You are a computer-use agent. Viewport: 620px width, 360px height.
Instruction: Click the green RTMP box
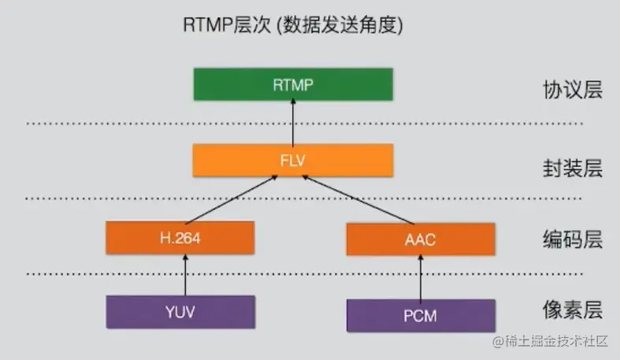click(293, 84)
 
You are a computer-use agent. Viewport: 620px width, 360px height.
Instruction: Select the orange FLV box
click(293, 160)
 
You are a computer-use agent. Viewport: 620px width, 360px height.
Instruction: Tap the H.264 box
click(180, 237)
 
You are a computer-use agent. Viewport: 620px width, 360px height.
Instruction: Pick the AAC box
click(421, 239)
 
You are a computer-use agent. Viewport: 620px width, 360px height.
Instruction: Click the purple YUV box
click(180, 312)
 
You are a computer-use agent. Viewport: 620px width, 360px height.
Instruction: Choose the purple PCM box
click(421, 316)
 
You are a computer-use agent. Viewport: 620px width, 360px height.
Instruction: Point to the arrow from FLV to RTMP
click(293, 123)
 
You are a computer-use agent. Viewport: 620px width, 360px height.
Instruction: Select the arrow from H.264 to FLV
click(232, 199)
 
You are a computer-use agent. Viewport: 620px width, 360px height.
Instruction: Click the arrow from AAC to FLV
click(358, 199)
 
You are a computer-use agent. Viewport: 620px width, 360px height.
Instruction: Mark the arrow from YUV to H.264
click(185, 275)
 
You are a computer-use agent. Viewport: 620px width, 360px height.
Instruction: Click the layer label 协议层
click(573, 90)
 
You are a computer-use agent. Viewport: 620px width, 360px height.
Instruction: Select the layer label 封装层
click(573, 169)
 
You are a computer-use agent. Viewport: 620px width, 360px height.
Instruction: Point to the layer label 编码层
click(573, 239)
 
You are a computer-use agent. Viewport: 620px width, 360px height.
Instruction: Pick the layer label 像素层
click(573, 310)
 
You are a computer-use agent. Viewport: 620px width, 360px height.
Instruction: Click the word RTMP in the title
click(207, 25)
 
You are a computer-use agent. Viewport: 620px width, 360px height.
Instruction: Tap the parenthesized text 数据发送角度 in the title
click(340, 25)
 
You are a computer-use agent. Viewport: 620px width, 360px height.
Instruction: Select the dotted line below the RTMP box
click(304, 124)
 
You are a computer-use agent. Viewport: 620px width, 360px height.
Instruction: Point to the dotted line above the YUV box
click(304, 273)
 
